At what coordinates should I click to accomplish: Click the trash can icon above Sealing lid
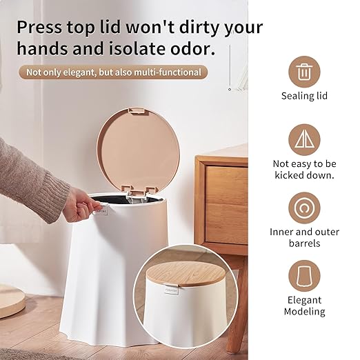[x=304, y=72]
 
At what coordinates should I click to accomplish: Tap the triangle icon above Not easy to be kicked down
[x=304, y=140]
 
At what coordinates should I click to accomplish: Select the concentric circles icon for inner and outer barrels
[x=304, y=208]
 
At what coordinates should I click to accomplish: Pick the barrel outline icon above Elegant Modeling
[x=304, y=276]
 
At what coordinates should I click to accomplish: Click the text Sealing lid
[x=304, y=96]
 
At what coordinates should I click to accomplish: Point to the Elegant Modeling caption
[x=304, y=306]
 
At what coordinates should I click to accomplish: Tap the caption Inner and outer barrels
[x=304, y=238]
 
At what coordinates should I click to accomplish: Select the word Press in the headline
[x=39, y=27]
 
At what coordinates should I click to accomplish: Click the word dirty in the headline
[x=198, y=28]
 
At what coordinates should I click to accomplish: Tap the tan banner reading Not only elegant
[x=113, y=72]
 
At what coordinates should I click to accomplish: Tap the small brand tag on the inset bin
[x=171, y=290]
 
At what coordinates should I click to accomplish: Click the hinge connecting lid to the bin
[x=137, y=195]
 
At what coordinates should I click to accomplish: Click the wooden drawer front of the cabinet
[x=226, y=205]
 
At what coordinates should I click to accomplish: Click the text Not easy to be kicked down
[x=304, y=170]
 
